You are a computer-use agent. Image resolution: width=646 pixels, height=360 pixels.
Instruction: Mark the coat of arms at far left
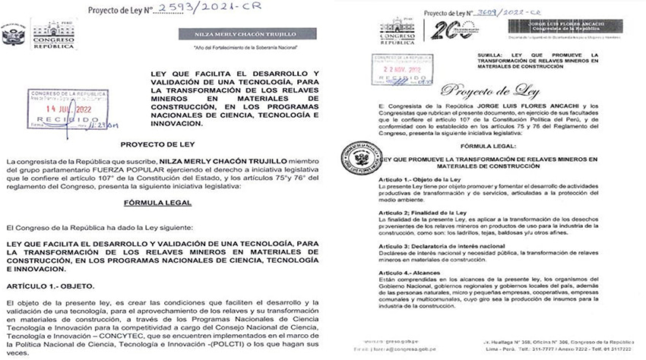11,38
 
